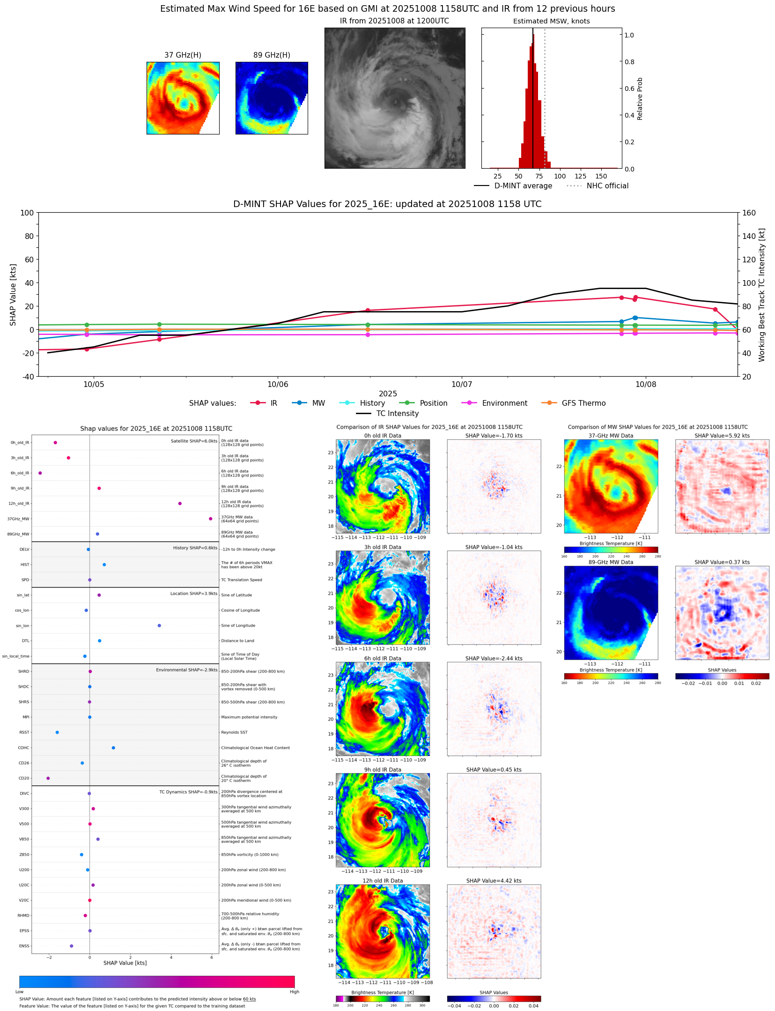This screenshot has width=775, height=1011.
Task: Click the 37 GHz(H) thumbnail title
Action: click(183, 55)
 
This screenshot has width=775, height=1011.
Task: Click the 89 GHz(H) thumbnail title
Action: click(272, 55)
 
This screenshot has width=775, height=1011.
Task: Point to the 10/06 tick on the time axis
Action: click(278, 384)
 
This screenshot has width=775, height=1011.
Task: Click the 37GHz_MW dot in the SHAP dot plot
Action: click(211, 519)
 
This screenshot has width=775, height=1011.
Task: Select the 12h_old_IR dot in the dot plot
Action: click(180, 504)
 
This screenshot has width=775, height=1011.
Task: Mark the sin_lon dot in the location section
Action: click(159, 625)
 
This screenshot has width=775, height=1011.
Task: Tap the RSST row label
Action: click(24, 732)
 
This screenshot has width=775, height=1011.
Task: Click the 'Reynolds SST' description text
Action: click(234, 732)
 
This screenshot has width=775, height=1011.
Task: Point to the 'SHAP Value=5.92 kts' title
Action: click(722, 436)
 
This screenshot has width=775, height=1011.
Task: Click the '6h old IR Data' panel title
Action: click(383, 658)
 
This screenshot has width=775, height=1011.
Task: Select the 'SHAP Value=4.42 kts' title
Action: click(494, 881)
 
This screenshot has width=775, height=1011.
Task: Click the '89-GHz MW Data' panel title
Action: click(611, 562)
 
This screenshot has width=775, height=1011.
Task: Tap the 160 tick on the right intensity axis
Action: click(749, 213)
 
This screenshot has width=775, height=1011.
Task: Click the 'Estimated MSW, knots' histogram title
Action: click(551, 21)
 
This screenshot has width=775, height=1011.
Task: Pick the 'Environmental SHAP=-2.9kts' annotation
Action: click(186, 670)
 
